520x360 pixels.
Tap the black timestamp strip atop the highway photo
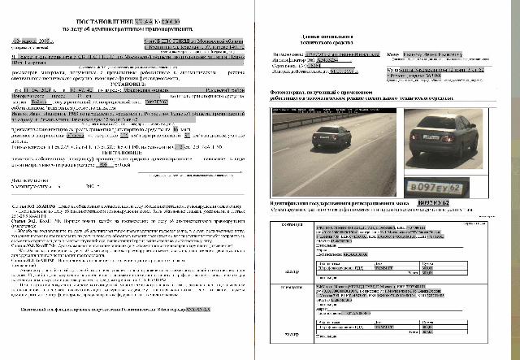point(331,109)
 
